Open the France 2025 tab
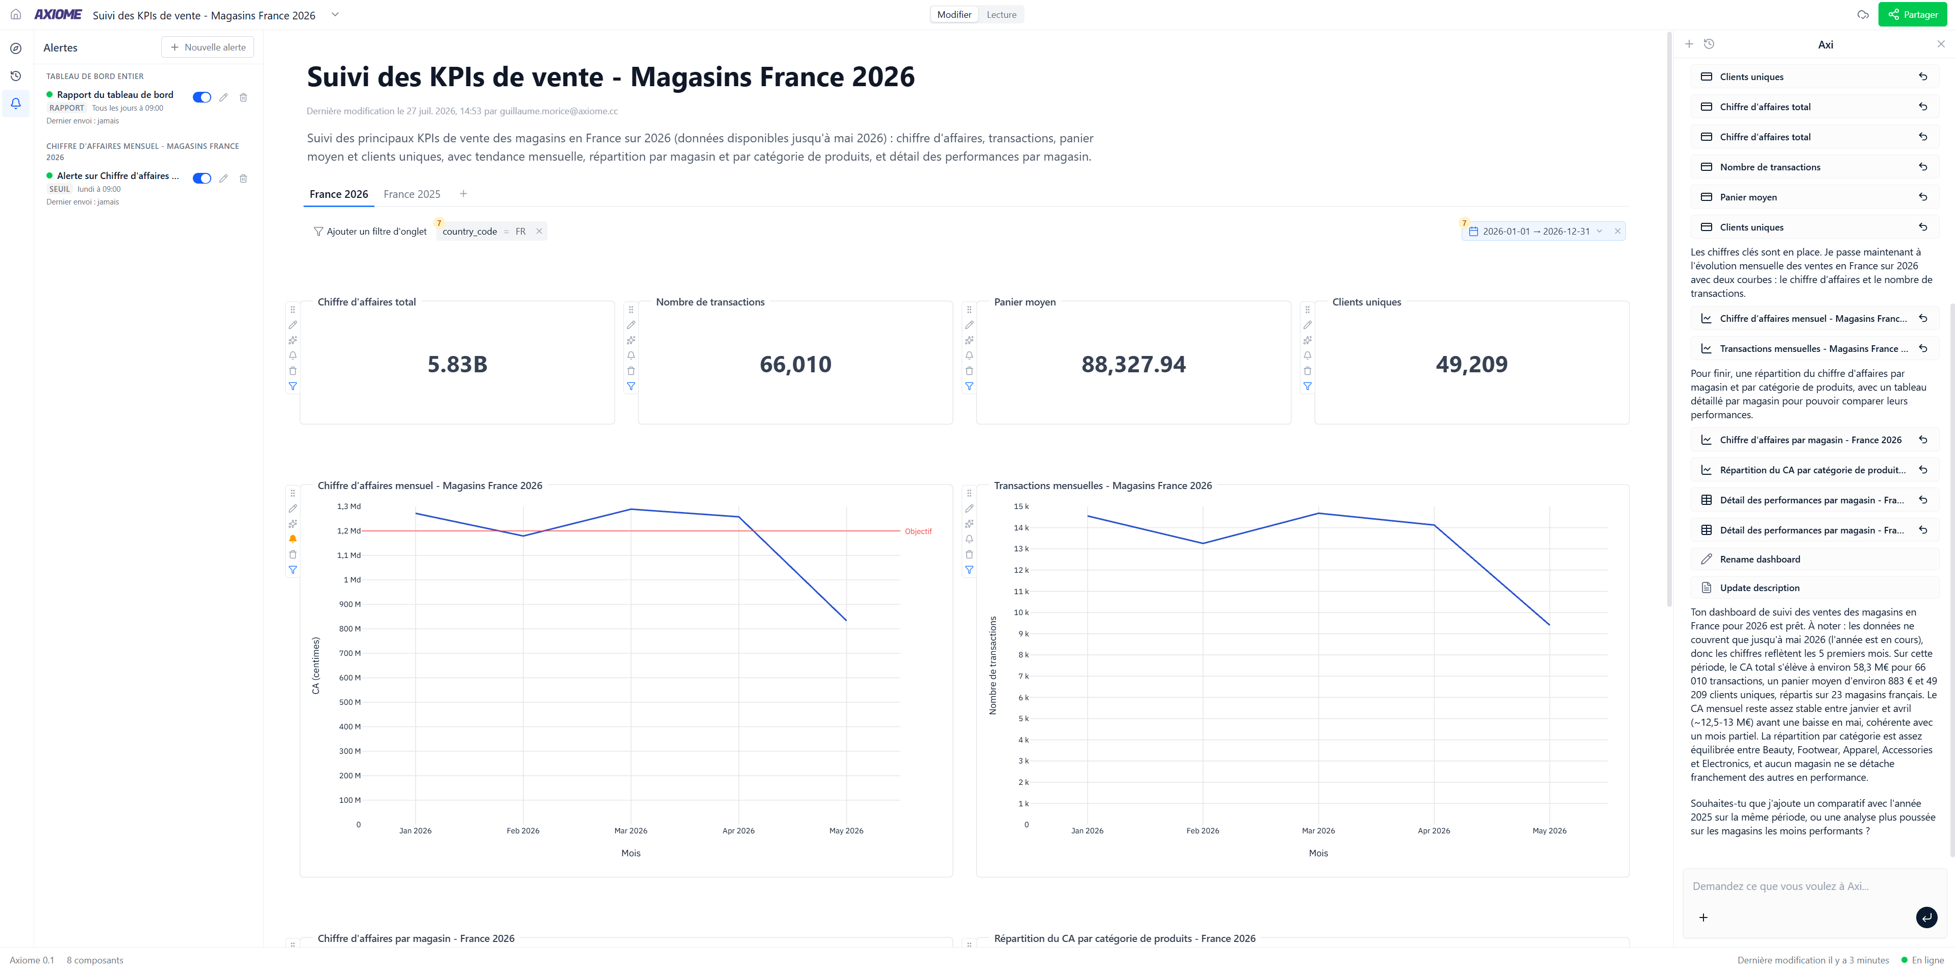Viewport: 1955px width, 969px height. [x=411, y=194]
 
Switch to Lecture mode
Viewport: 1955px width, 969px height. [x=1001, y=14]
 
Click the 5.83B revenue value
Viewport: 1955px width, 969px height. [x=458, y=364]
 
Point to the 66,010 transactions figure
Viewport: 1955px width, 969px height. [x=795, y=364]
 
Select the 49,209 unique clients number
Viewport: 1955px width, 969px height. [x=1471, y=364]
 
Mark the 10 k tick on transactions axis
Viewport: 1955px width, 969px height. [x=1021, y=613]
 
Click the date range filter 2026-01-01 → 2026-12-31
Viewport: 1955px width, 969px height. [x=1536, y=232]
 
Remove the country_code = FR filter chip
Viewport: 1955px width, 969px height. [x=539, y=232]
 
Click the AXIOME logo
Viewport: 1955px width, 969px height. [x=58, y=14]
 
